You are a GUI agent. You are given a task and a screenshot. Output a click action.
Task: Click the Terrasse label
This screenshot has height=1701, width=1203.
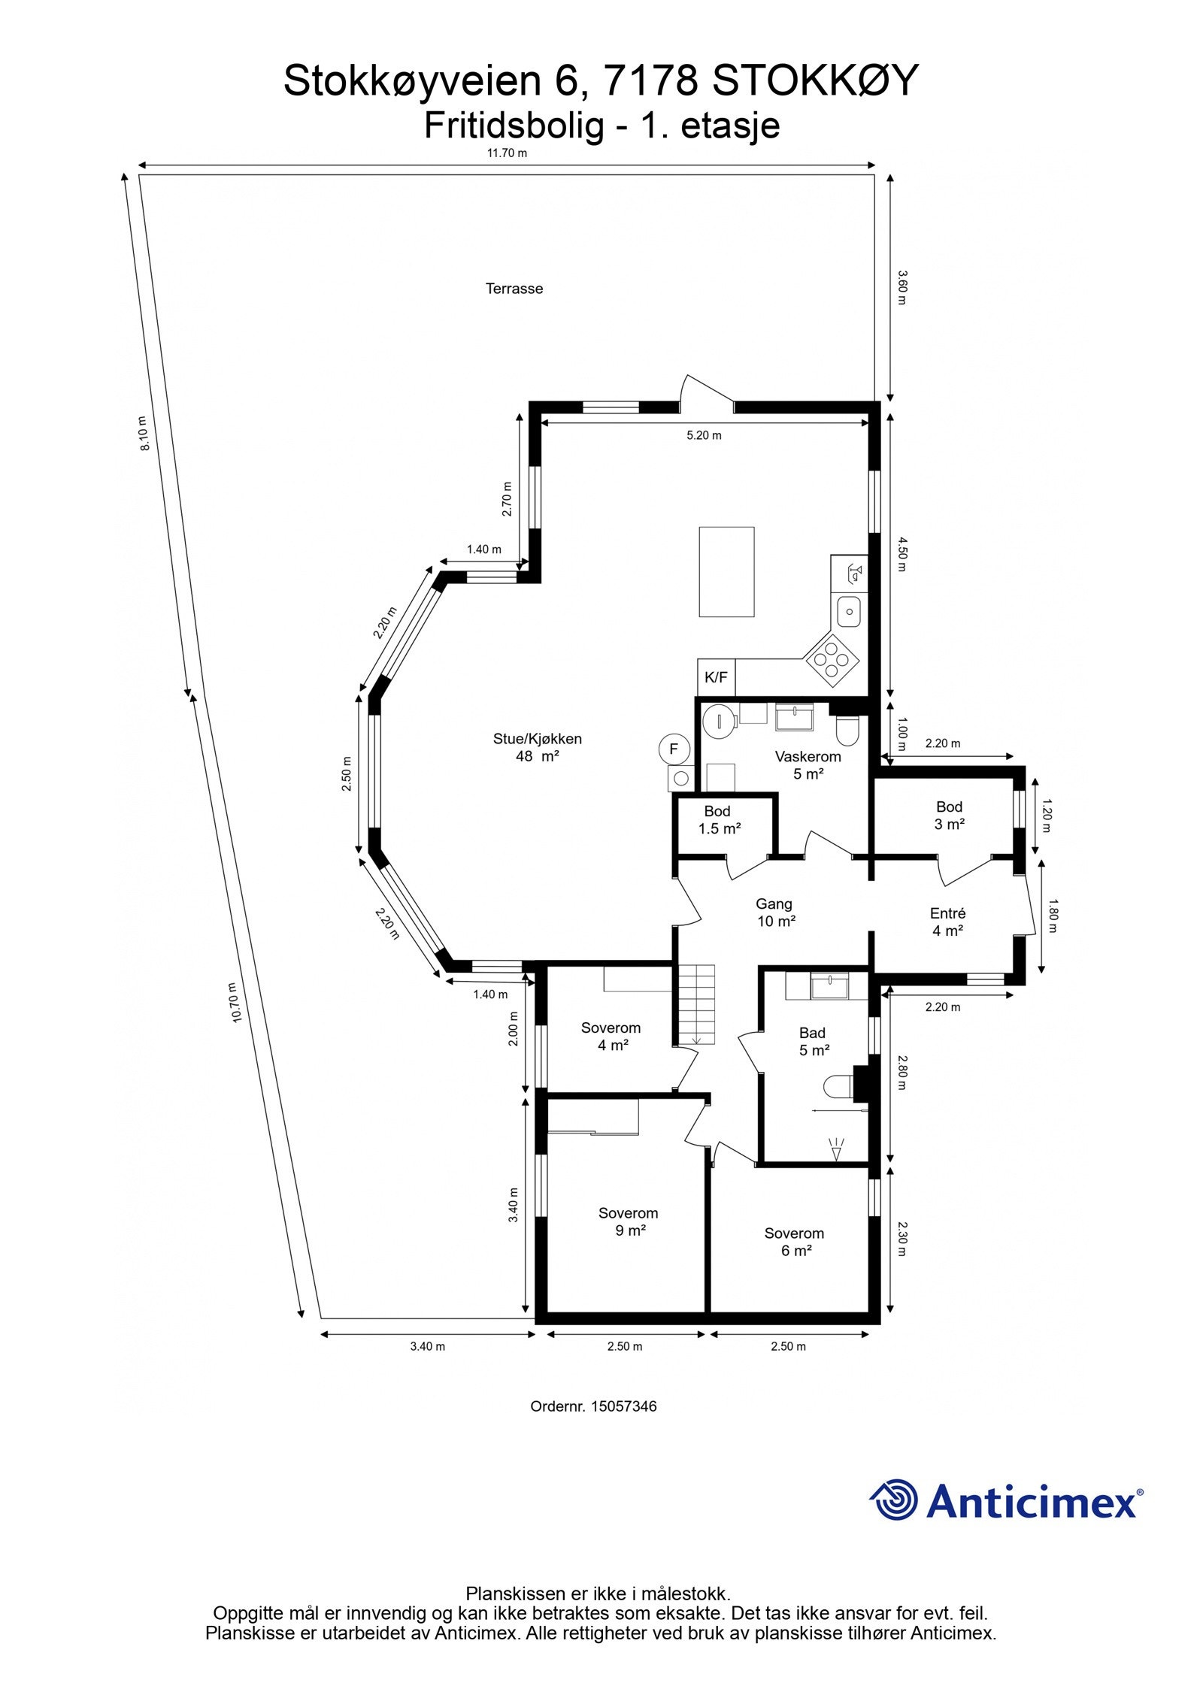pos(514,289)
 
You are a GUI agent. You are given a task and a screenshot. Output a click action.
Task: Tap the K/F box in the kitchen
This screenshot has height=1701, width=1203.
pos(715,677)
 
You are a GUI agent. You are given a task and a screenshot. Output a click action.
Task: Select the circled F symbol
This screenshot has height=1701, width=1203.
pos(674,749)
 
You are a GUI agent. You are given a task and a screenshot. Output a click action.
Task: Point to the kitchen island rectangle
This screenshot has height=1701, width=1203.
pos(726,571)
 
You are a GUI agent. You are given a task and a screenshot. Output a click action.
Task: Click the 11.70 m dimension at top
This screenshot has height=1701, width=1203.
pos(507,153)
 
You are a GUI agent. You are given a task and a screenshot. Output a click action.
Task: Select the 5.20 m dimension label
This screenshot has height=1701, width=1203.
pos(704,435)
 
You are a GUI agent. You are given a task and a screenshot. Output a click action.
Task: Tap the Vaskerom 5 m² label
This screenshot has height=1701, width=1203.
pos(808,764)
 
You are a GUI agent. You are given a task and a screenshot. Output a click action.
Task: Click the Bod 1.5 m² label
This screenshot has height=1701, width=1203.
pos(718,820)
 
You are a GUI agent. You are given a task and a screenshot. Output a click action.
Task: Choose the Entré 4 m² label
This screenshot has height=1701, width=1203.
pos(947,922)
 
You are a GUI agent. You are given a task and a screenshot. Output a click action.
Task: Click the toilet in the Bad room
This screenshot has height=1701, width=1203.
pos(837,1086)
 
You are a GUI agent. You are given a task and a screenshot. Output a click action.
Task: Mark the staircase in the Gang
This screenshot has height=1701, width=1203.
pos(695,1005)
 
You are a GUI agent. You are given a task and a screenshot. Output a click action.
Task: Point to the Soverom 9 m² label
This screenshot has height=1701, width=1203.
pos(628,1221)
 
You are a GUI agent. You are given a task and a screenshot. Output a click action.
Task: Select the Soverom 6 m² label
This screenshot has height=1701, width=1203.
pos(794,1241)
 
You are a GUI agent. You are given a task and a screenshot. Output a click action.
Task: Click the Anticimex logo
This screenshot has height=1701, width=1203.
pos(1005,1500)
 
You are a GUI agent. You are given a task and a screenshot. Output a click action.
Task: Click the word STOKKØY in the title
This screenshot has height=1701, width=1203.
pos(815,81)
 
